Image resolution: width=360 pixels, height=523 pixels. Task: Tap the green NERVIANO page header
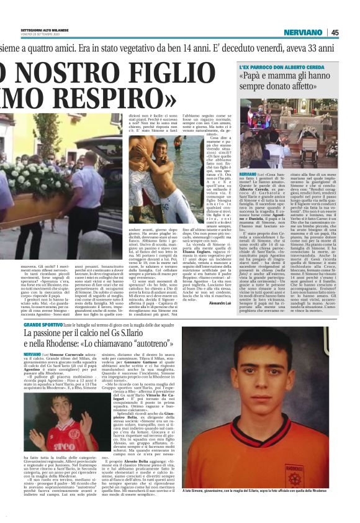(x=303, y=33)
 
